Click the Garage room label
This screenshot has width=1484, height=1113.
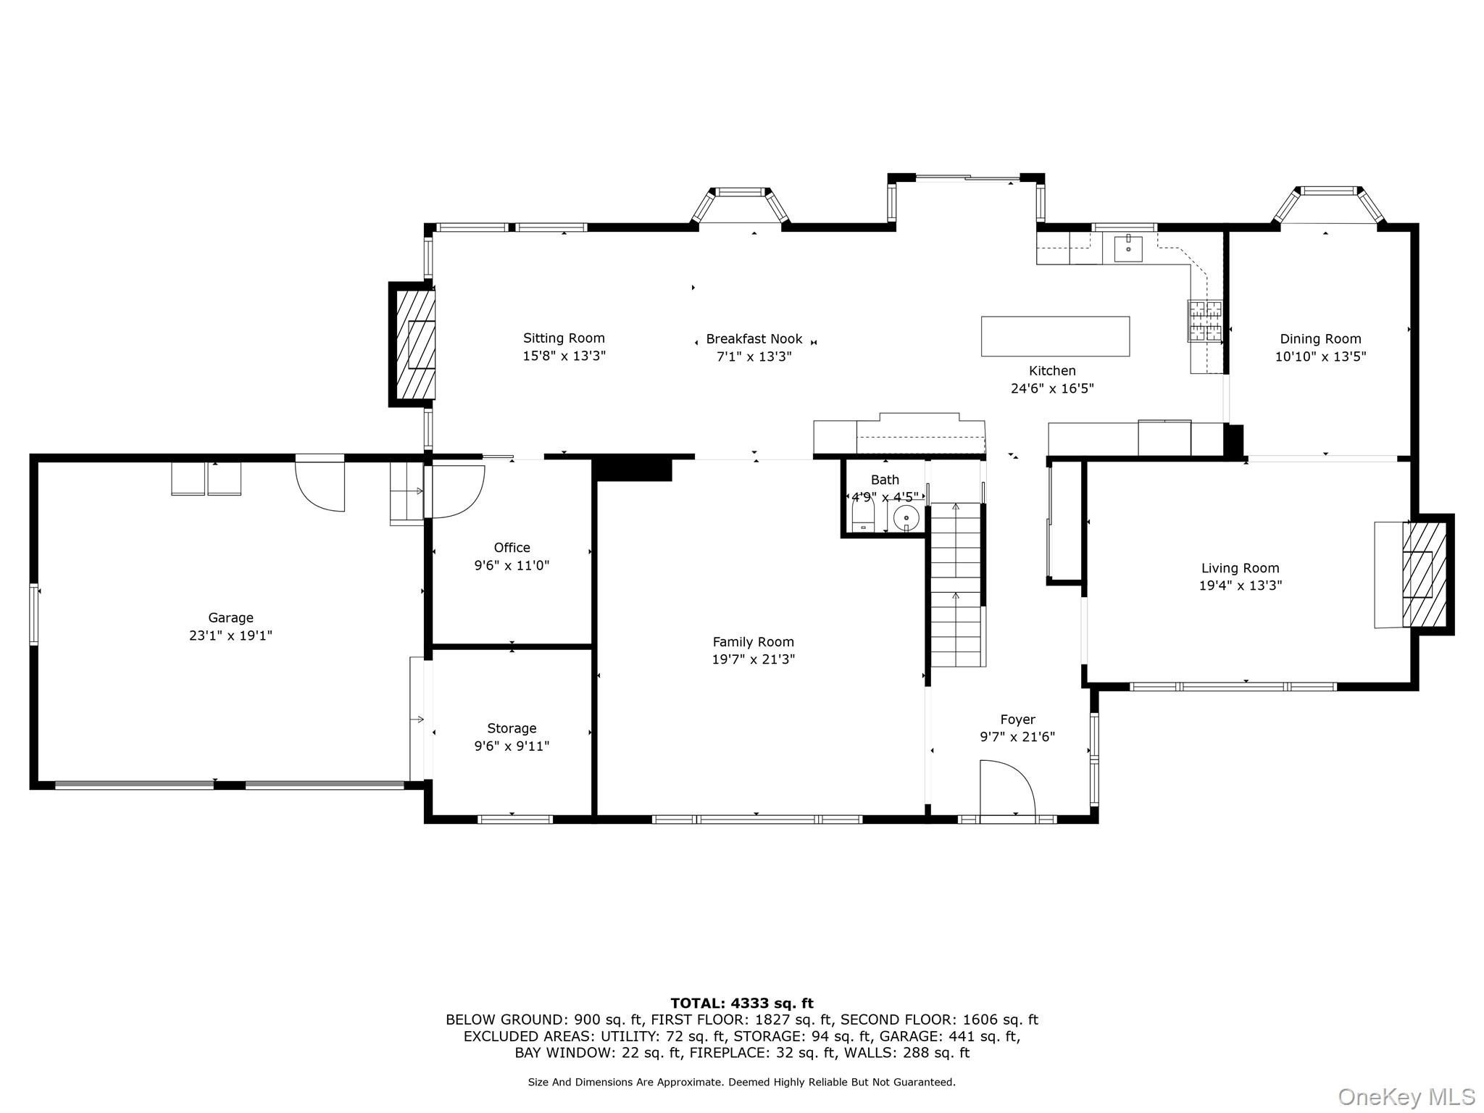(x=230, y=617)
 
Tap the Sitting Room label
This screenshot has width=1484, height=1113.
(x=564, y=338)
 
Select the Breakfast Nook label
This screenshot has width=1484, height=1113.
(x=754, y=338)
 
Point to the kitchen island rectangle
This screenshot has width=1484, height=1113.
(x=1055, y=336)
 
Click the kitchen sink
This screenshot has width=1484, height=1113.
(x=1128, y=247)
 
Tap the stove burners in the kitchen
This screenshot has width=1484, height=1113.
(x=1204, y=321)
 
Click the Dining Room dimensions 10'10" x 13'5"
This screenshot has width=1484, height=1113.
(x=1320, y=357)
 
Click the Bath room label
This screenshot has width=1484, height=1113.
(x=885, y=480)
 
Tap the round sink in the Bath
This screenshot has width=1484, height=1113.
(x=906, y=518)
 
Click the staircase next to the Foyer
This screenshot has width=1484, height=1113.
(x=956, y=584)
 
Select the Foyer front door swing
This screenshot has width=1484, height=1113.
(x=1007, y=788)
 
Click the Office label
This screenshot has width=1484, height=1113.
(x=512, y=548)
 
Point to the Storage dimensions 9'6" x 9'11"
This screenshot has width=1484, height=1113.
(x=512, y=746)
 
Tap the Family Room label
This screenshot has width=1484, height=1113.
(x=754, y=641)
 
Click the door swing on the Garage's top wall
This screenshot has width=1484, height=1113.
(x=320, y=484)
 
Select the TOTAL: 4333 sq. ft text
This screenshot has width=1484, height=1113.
(x=742, y=1004)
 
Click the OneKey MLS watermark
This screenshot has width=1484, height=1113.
(x=1406, y=1096)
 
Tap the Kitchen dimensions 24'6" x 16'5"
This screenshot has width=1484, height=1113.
(x=1052, y=388)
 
